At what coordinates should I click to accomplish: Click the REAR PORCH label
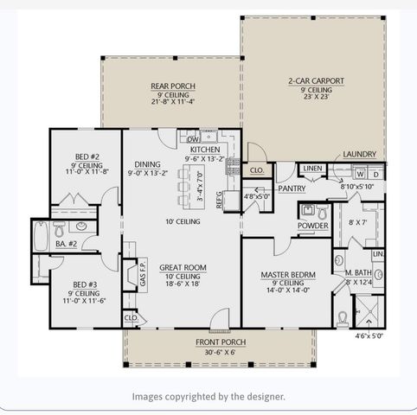point(172,86)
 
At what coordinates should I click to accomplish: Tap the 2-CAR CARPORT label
point(315,81)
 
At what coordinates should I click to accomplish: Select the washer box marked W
point(358,174)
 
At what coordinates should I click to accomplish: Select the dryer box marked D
point(375,174)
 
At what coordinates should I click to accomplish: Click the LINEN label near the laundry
point(312,168)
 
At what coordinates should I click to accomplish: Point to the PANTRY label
point(293,188)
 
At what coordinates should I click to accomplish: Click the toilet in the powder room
point(322,211)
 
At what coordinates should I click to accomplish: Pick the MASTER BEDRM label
point(287,275)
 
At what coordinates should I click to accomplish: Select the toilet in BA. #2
point(60,230)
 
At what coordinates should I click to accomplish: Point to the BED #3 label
point(84,284)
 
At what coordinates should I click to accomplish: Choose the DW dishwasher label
point(194,138)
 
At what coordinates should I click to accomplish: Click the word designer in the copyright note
point(260,397)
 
